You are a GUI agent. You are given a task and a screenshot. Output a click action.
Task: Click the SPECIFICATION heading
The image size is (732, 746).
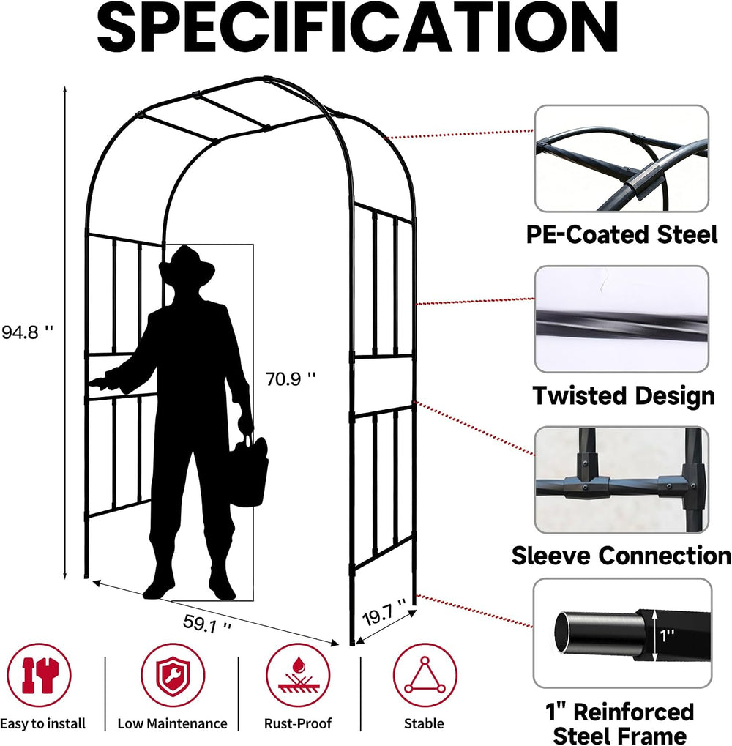[x=357, y=28]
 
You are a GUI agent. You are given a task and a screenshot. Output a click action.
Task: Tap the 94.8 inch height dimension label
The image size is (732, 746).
[x=27, y=332]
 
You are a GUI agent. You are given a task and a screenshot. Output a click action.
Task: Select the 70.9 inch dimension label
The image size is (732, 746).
[x=291, y=379]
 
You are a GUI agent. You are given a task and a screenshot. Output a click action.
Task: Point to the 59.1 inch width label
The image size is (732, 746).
[x=207, y=624]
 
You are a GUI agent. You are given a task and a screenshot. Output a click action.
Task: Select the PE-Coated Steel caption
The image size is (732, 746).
[x=621, y=234]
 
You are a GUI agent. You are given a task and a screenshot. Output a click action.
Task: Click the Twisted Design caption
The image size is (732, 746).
[x=624, y=396]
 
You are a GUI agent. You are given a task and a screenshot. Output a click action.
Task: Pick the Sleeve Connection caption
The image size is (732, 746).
[x=621, y=556]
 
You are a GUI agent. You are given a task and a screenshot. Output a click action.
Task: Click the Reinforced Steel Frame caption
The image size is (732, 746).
[x=620, y=723]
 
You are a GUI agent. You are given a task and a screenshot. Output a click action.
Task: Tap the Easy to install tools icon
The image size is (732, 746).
[x=40, y=675]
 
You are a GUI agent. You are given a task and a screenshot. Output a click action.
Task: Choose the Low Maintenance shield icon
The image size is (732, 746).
[x=173, y=675]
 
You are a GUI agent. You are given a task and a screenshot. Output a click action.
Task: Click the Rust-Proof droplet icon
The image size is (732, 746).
[x=298, y=675]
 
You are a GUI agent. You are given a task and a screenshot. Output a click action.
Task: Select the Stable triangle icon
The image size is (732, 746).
[x=425, y=675]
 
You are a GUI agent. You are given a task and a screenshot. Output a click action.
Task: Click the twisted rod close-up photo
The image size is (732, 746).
[x=621, y=319]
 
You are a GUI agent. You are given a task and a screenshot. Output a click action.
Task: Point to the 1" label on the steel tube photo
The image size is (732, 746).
[x=668, y=635]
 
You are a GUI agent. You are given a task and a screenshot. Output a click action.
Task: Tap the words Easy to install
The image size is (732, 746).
[x=42, y=723]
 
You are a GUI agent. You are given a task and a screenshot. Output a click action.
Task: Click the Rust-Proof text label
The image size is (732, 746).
[x=298, y=723]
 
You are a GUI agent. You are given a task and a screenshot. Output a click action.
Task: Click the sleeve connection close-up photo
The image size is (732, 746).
[x=621, y=480]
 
